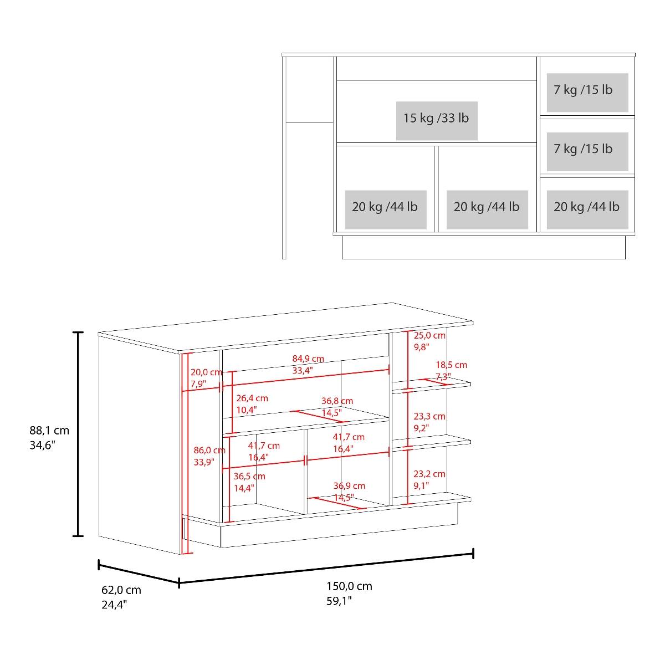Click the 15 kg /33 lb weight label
point(436,119)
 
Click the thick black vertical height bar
point(78,434)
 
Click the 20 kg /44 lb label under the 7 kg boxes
point(586,207)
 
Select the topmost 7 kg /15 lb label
point(583,90)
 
